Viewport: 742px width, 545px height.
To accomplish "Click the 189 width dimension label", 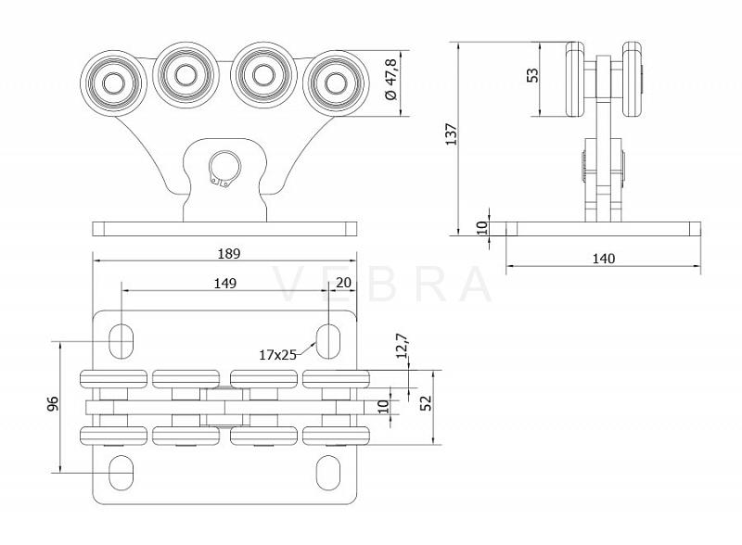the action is pos(229,254).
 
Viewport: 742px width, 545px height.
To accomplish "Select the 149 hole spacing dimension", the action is pos(224,284).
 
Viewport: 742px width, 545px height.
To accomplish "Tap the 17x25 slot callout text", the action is pos(277,354).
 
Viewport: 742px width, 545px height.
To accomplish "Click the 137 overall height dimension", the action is pos(452,133).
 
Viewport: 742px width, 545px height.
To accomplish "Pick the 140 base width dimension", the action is pos(604,259).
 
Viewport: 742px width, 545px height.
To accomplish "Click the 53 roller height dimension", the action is pos(532,75).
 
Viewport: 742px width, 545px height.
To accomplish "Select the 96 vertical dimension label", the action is pos(53,403).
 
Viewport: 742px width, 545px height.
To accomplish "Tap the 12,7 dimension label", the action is pos(402,346).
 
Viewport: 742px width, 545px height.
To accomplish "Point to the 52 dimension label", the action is pos(426,403).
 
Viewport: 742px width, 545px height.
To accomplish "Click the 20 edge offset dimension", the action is pos(343,283).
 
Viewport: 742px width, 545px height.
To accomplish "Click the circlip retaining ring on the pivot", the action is pos(224,169).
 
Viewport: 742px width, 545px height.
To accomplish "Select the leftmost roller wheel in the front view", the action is pos(113,83).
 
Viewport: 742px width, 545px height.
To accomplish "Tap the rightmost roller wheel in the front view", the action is pos(336,83).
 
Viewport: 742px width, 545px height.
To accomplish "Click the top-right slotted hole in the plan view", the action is pos(328,341).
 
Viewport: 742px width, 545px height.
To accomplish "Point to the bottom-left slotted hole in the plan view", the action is pos(122,473).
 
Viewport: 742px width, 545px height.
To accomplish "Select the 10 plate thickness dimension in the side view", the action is pos(482,229).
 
